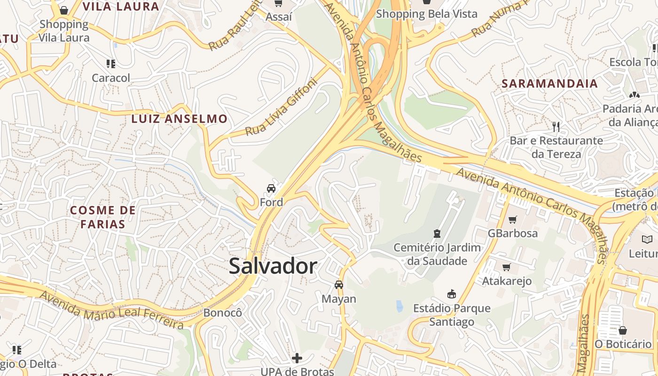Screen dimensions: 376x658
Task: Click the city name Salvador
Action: (273, 266)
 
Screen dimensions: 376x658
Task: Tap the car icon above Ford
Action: (271, 188)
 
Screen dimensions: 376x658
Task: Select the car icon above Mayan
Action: (338, 284)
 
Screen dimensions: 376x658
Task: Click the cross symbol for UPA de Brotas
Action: (297, 358)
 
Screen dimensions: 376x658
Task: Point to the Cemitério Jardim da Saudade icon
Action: (437, 233)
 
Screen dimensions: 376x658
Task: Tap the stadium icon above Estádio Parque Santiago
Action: (451, 294)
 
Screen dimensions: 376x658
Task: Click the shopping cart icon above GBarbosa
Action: (512, 219)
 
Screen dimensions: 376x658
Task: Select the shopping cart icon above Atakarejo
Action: (506, 267)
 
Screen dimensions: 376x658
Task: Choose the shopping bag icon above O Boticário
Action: (623, 330)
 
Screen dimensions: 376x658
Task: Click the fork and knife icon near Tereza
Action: (556, 126)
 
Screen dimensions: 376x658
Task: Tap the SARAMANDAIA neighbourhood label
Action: (549, 84)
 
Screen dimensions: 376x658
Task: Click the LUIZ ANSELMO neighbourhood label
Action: (179, 119)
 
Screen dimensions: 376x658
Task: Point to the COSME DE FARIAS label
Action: (102, 217)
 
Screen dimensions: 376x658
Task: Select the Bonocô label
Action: (222, 313)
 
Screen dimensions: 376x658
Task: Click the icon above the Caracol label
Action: (111, 63)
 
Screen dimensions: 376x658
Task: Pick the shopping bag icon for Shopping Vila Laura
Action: (64, 10)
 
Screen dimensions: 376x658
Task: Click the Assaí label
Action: (279, 17)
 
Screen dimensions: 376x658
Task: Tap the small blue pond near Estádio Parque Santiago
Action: (399, 306)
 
